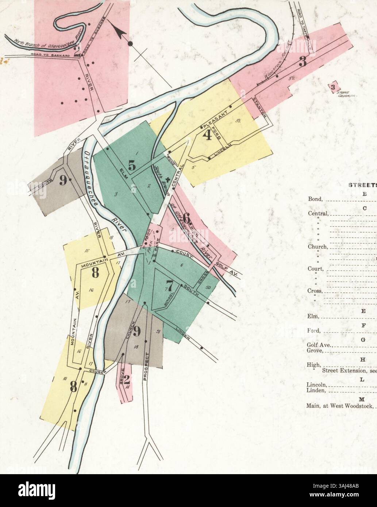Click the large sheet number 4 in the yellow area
point(207,136)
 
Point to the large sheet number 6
point(186,219)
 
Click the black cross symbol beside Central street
point(168,179)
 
